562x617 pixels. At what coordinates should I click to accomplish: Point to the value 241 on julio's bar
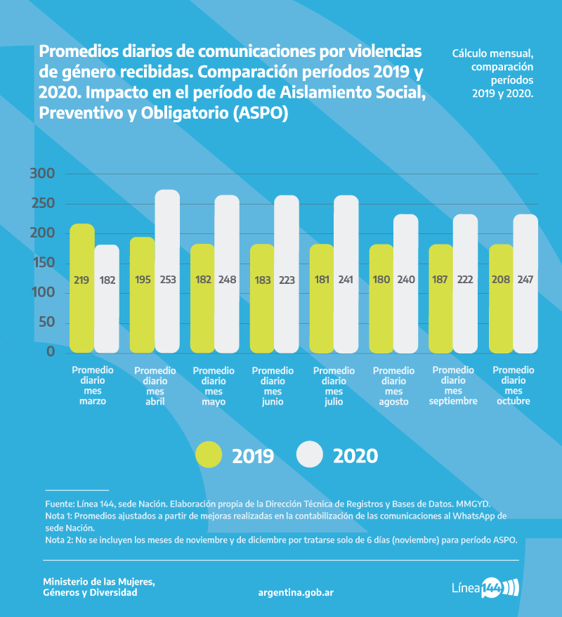click(346, 279)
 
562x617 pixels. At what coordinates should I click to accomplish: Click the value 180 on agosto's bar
click(381, 279)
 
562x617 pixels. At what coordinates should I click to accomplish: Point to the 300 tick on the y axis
click(41, 174)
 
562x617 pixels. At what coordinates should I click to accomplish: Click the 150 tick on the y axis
click(41, 263)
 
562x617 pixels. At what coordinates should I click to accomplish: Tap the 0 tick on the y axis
click(51, 351)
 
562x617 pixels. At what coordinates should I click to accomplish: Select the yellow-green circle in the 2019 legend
click(209, 455)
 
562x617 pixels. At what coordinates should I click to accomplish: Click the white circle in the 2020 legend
click(309, 455)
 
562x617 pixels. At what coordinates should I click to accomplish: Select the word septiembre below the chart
click(453, 401)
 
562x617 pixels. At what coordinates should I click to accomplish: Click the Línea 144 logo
click(484, 587)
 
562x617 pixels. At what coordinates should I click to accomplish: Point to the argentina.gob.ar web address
click(296, 592)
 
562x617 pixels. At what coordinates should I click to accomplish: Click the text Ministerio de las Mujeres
click(98, 582)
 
